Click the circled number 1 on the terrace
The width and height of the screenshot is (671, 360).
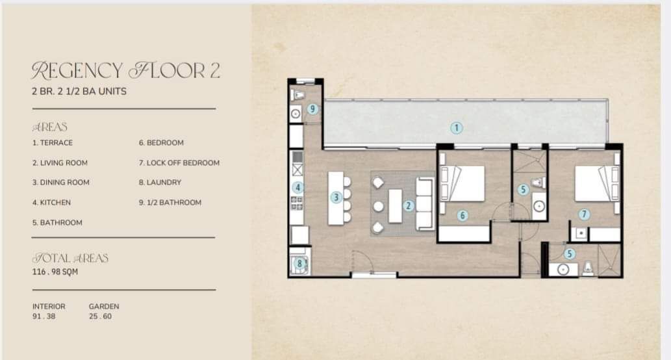coord(457,127)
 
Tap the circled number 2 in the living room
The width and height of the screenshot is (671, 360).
coord(408,206)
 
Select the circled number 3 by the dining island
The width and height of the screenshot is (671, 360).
coord(336,198)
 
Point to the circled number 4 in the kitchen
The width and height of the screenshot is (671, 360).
coord(298,187)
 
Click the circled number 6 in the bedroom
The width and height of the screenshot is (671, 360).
coord(462,215)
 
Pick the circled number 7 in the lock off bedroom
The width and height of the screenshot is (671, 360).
coord(584,214)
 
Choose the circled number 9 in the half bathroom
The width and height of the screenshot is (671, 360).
coord(312,109)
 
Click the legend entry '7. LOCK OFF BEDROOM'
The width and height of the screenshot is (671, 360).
coord(179,162)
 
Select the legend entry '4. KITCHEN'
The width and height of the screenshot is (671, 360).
coord(51,203)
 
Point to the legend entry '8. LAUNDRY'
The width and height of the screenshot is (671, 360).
coord(160,183)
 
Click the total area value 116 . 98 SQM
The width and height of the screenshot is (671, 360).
coord(55,272)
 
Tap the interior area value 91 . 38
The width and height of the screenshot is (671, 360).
coord(44,316)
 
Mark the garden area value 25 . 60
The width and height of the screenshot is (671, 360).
coord(100,316)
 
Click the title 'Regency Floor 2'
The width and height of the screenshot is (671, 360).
coord(126,71)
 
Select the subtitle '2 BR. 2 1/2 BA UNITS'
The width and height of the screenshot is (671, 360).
coord(79,91)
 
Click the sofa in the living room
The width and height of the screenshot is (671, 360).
coord(425,203)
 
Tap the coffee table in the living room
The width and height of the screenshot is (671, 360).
coord(395,206)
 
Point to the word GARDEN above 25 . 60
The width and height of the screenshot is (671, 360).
coord(104,307)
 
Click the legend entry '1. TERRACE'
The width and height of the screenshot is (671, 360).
coord(52,142)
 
